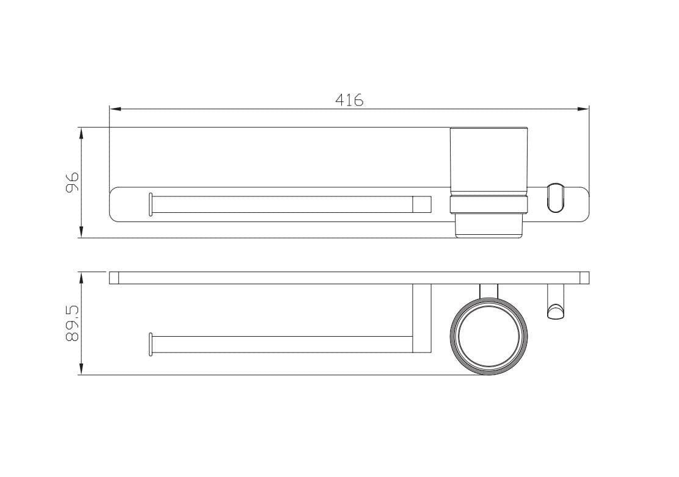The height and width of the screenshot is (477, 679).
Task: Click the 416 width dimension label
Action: (349, 100)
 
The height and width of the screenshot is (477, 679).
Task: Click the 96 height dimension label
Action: (73, 182)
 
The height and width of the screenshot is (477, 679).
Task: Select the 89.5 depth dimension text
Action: (73, 323)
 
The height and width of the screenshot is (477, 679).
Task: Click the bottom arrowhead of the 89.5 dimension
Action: (81, 370)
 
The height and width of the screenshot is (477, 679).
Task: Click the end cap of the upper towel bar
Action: (150, 204)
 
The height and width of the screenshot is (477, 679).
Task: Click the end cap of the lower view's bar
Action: (150, 344)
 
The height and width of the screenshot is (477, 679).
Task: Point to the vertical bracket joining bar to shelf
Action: (422, 318)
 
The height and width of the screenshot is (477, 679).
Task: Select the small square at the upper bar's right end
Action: (422, 204)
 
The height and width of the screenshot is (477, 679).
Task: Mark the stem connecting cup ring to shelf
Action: (488, 290)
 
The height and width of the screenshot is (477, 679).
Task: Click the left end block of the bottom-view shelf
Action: (114, 278)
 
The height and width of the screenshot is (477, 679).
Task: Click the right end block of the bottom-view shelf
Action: (585, 278)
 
